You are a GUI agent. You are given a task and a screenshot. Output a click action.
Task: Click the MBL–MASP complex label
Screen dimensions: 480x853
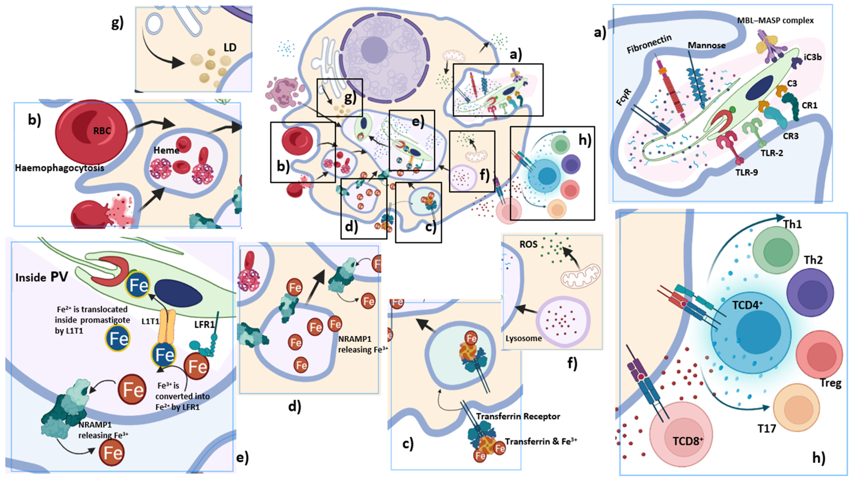775,20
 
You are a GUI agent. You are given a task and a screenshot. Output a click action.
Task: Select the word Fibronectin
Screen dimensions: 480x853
649,44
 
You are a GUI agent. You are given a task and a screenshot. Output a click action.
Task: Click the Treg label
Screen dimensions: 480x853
831,383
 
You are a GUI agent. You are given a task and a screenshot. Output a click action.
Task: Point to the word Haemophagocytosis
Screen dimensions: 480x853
60,168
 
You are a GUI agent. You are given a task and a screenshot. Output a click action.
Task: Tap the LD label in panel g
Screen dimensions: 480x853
230,48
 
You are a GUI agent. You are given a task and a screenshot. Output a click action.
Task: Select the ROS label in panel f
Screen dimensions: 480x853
528,245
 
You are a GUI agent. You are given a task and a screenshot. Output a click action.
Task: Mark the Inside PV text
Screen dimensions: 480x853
41,277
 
